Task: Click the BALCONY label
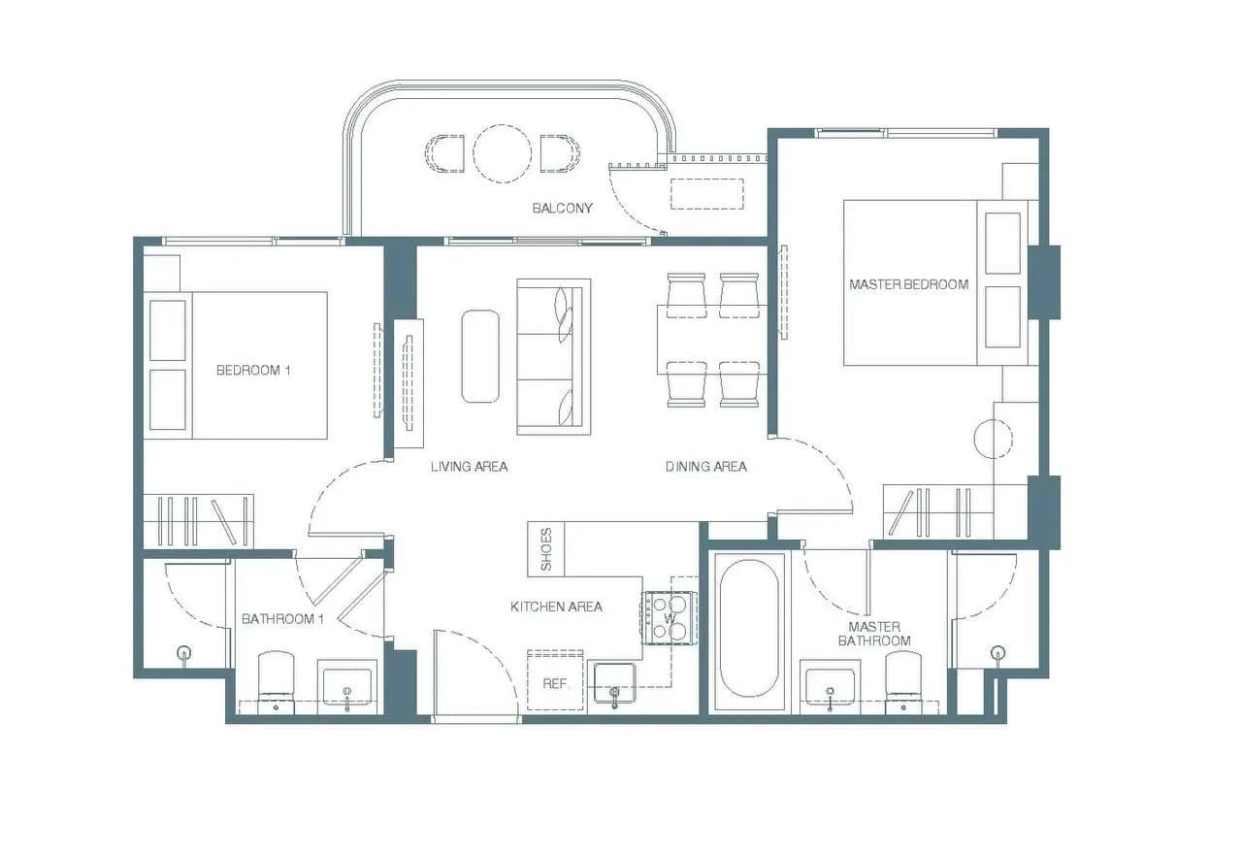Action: [x=562, y=208]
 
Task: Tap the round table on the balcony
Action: [x=502, y=153]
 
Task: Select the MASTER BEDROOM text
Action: [x=909, y=284]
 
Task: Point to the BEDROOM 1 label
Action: [x=253, y=370]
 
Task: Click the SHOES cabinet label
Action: [x=545, y=549]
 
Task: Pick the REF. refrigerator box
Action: [x=555, y=680]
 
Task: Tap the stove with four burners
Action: [x=669, y=618]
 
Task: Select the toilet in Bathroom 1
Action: [x=277, y=681]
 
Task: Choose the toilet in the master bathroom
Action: [x=903, y=682]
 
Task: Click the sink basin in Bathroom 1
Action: [x=347, y=685]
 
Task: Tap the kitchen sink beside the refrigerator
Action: [x=614, y=683]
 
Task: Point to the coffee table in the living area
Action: [x=480, y=356]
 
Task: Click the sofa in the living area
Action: [x=554, y=356]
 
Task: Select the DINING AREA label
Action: [x=705, y=467]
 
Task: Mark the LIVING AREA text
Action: [x=469, y=467]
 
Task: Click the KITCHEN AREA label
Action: [x=556, y=607]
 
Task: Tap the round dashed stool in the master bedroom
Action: [x=993, y=439]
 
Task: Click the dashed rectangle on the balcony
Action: [x=707, y=193]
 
